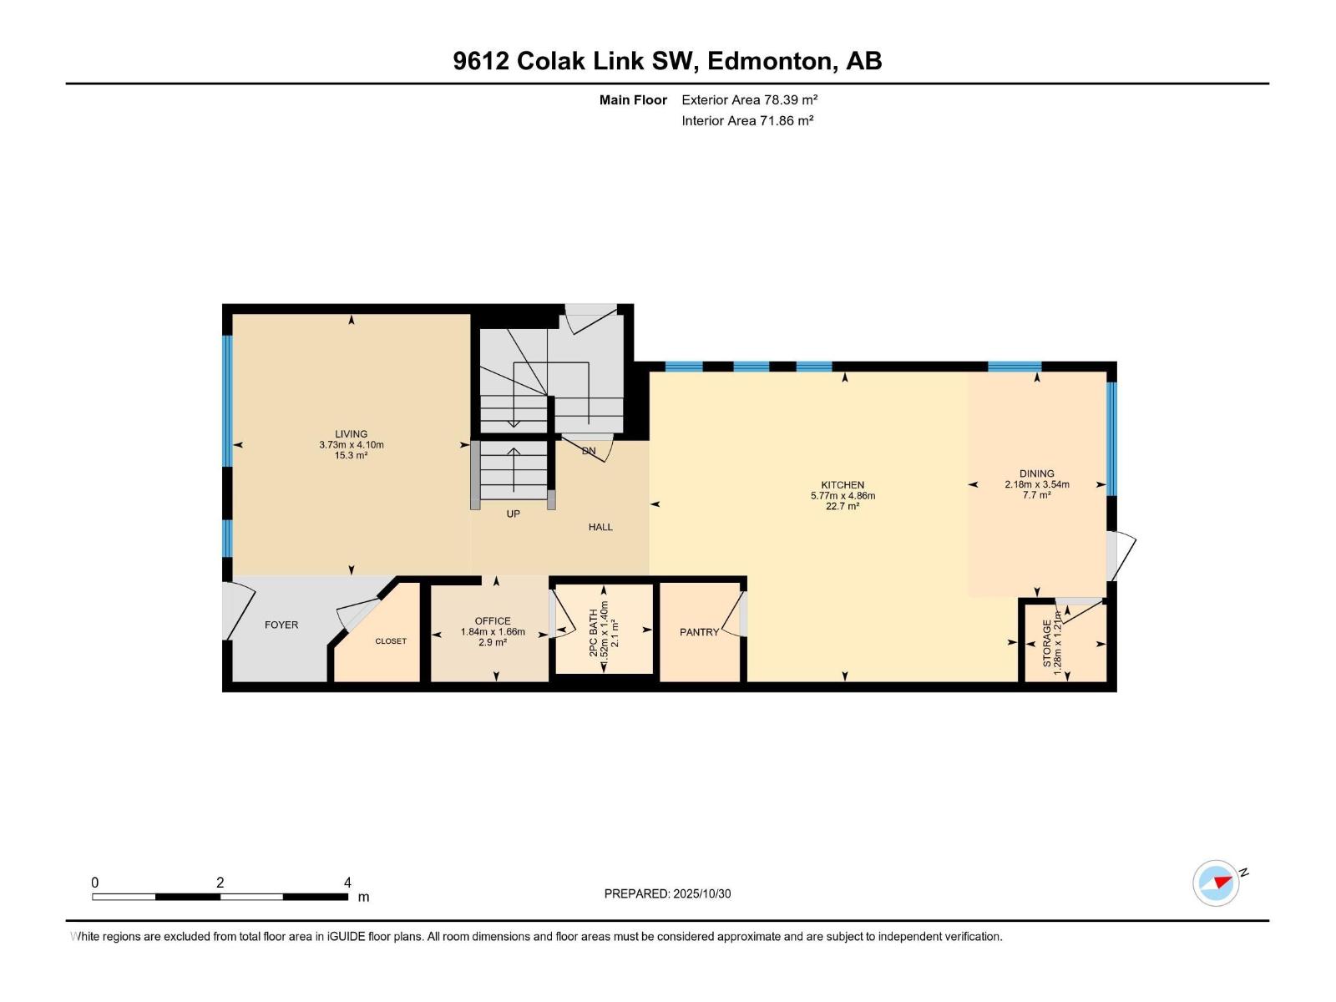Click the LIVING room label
tap(351, 433)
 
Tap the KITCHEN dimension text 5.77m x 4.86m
tap(843, 496)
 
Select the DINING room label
tap(1036, 473)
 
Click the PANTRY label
tap(699, 632)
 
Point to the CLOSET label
tap(390, 641)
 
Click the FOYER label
tap(281, 625)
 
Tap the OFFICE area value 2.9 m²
tap(493, 643)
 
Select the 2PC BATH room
tap(604, 630)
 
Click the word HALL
tap(600, 527)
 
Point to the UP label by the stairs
tap(513, 514)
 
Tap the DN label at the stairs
tap(589, 451)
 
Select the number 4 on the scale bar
tap(347, 883)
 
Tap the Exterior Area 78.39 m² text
tap(749, 99)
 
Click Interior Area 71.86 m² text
tap(747, 120)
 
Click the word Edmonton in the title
tap(771, 61)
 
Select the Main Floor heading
tap(633, 99)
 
